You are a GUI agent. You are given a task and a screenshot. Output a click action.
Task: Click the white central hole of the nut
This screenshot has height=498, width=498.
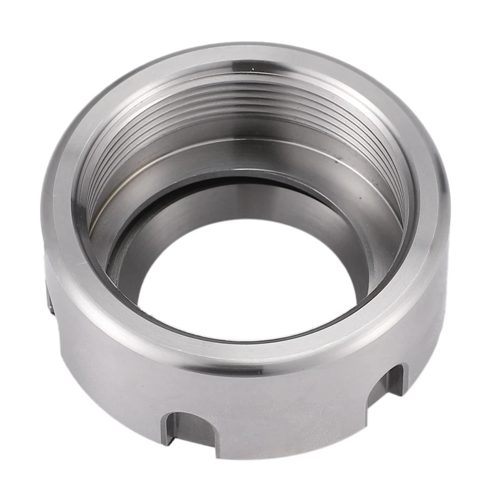[249, 280]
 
